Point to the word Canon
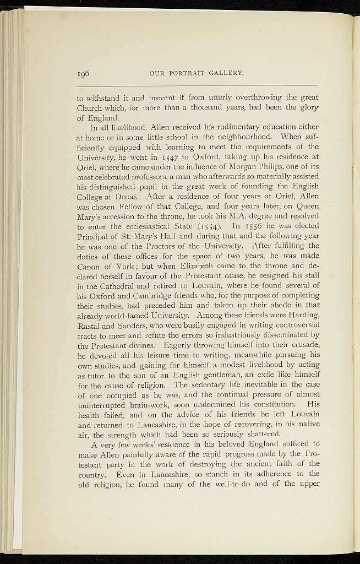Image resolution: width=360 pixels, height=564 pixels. coord(90,266)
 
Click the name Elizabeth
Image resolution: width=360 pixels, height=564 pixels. coord(176,266)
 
